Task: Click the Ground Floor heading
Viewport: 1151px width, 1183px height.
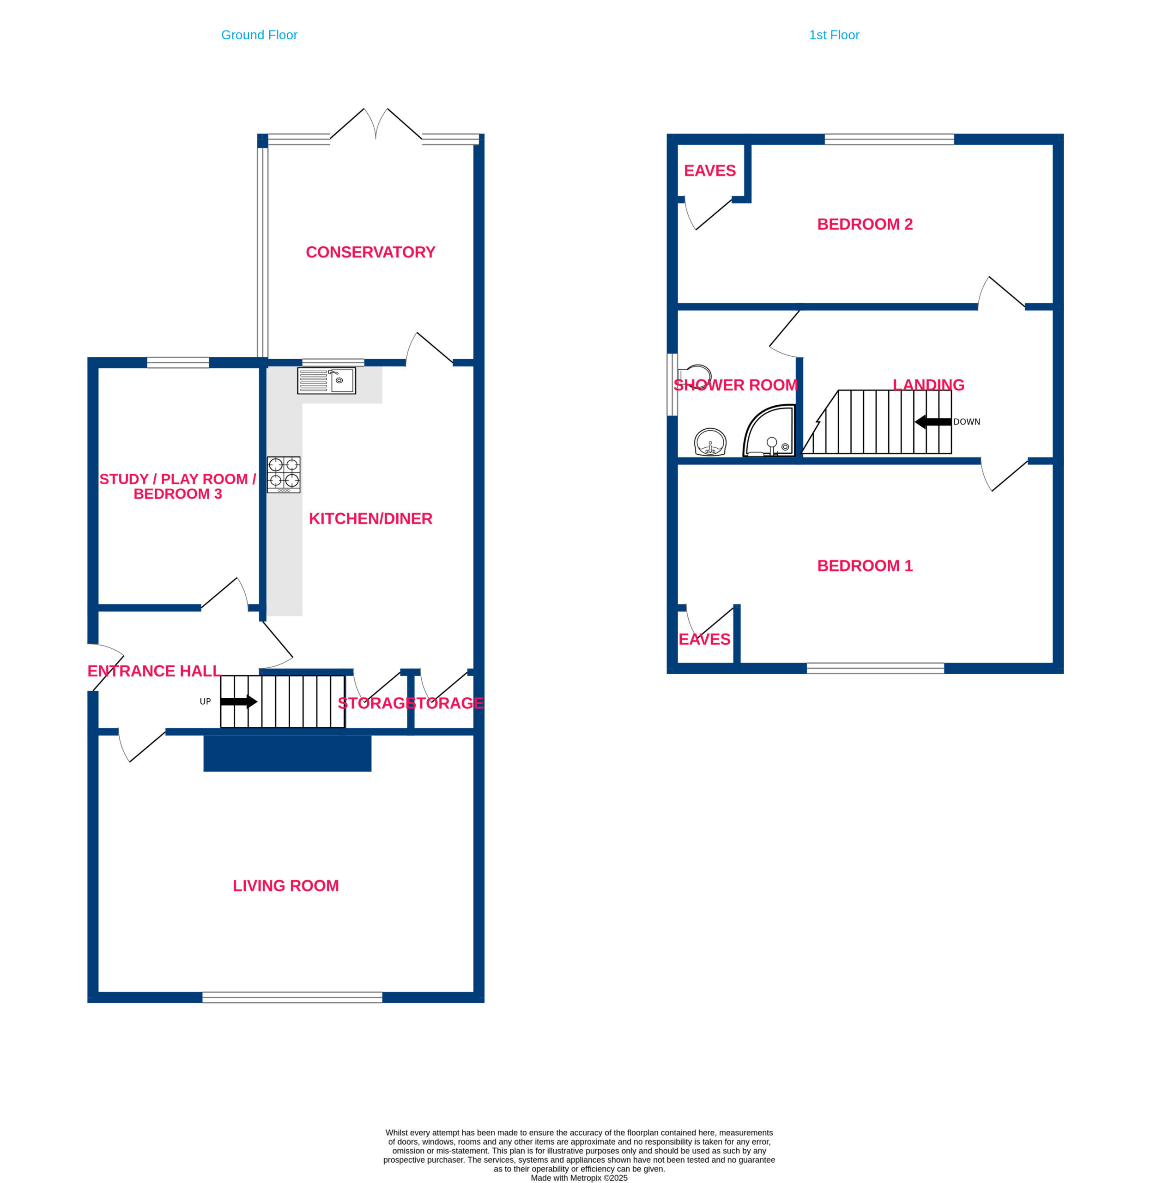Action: [x=259, y=35]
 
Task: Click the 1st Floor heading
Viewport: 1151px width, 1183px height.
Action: [x=834, y=35]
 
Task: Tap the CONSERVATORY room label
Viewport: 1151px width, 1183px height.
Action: [x=370, y=252]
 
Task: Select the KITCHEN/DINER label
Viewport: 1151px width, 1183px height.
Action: [x=370, y=518]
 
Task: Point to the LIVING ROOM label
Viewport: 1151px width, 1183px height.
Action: [x=286, y=885]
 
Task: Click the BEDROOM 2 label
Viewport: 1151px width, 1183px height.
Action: [x=865, y=225]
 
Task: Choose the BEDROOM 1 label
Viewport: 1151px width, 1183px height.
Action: [x=865, y=566]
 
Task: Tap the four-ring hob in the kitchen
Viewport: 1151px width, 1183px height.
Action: [x=284, y=475]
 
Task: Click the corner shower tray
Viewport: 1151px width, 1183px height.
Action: [x=769, y=431]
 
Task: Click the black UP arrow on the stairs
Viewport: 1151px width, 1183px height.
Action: [x=239, y=701]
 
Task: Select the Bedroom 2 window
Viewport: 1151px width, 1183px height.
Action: [x=889, y=139]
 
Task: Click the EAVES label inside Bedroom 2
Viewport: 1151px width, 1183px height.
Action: [x=710, y=171]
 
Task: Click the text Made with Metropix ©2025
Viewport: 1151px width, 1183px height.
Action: [x=579, y=1177]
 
